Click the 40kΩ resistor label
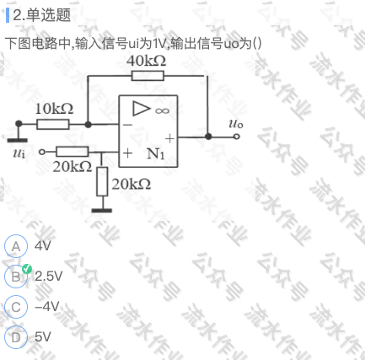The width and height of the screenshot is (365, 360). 146,61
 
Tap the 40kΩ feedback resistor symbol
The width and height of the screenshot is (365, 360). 148,76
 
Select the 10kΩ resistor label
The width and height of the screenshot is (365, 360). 54,109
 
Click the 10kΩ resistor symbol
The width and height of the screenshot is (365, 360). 53,124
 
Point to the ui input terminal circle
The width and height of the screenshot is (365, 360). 41,152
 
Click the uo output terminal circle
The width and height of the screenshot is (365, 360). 237,137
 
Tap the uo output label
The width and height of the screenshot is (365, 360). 236,124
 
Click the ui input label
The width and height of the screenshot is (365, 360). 19,153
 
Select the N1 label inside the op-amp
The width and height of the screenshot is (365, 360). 155,153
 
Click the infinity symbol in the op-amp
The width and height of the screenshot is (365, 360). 163,111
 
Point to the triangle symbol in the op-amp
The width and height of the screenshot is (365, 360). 141,109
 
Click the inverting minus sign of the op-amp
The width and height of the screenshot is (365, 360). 127,125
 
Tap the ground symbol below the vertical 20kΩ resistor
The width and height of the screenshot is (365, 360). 102,210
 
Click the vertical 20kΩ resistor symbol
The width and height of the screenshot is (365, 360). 102,181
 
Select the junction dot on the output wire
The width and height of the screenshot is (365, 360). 208,137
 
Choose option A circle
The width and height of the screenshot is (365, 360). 16,246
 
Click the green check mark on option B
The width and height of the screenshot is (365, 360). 27,269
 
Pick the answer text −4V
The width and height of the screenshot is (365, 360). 47,306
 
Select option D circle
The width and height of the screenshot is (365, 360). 16,337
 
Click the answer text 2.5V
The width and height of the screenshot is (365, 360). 48,277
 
